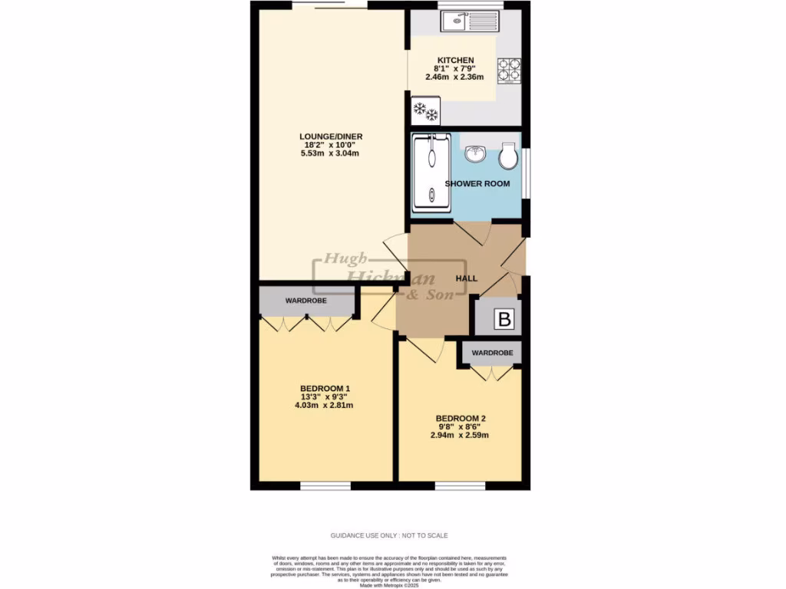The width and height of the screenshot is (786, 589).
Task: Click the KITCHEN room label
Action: [455, 61]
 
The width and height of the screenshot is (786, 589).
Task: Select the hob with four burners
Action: [509, 70]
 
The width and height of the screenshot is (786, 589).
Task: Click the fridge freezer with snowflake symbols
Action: [425, 111]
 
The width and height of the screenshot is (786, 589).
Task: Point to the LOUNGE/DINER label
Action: [330, 137]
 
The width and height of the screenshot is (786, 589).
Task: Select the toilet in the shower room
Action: [507, 156]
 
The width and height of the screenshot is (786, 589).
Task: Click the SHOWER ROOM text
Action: [477, 184]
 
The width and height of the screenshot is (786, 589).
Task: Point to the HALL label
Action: [467, 278]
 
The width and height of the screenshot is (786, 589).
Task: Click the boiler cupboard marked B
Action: [504, 318]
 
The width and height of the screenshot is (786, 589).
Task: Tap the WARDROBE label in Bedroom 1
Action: [306, 301]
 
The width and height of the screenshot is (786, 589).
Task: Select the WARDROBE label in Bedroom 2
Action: [492, 353]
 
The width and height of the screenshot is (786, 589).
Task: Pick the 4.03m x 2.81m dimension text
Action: [325, 406]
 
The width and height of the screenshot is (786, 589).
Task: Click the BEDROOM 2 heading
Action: [460, 419]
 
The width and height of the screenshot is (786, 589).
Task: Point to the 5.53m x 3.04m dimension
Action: [330, 153]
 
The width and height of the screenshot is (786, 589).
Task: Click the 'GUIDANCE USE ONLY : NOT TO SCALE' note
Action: [389, 535]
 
